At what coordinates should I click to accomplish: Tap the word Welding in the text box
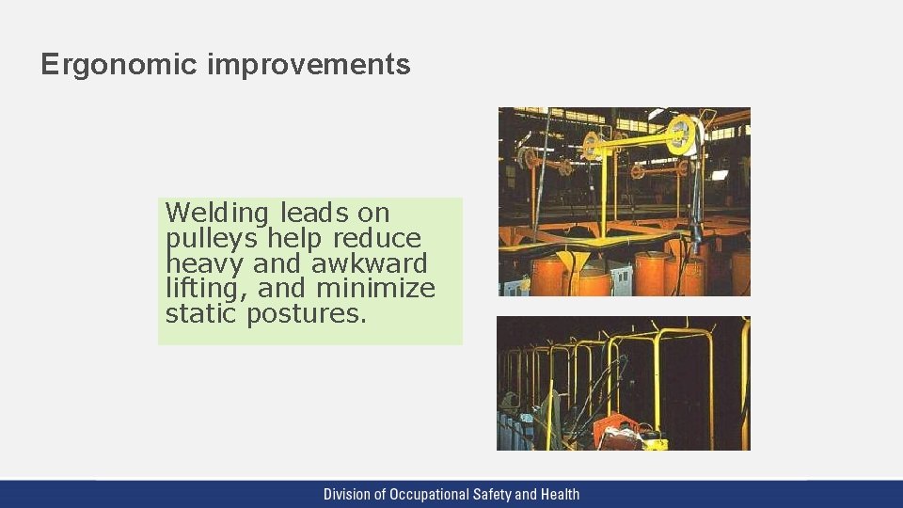pyautogui.click(x=218, y=213)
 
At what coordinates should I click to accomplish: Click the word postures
pyautogui.click(x=306, y=314)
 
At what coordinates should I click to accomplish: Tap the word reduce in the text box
pyautogui.click(x=378, y=238)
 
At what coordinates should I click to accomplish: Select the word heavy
pyautogui.click(x=204, y=263)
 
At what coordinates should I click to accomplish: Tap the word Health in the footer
pyautogui.click(x=559, y=494)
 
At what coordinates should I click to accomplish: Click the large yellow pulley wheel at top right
pyautogui.click(x=682, y=136)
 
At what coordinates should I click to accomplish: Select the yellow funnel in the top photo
pyautogui.click(x=570, y=259)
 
